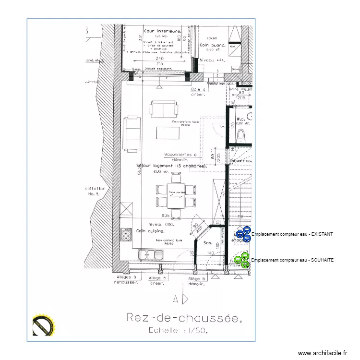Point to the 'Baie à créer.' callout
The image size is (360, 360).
pyautogui.click(x=198, y=92)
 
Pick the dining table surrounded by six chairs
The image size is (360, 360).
pyautogui.click(x=176, y=195)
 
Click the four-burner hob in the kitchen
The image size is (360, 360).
pyautogui.click(x=127, y=234)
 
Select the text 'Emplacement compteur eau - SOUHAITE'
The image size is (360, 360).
pyautogui.click(x=292, y=260)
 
